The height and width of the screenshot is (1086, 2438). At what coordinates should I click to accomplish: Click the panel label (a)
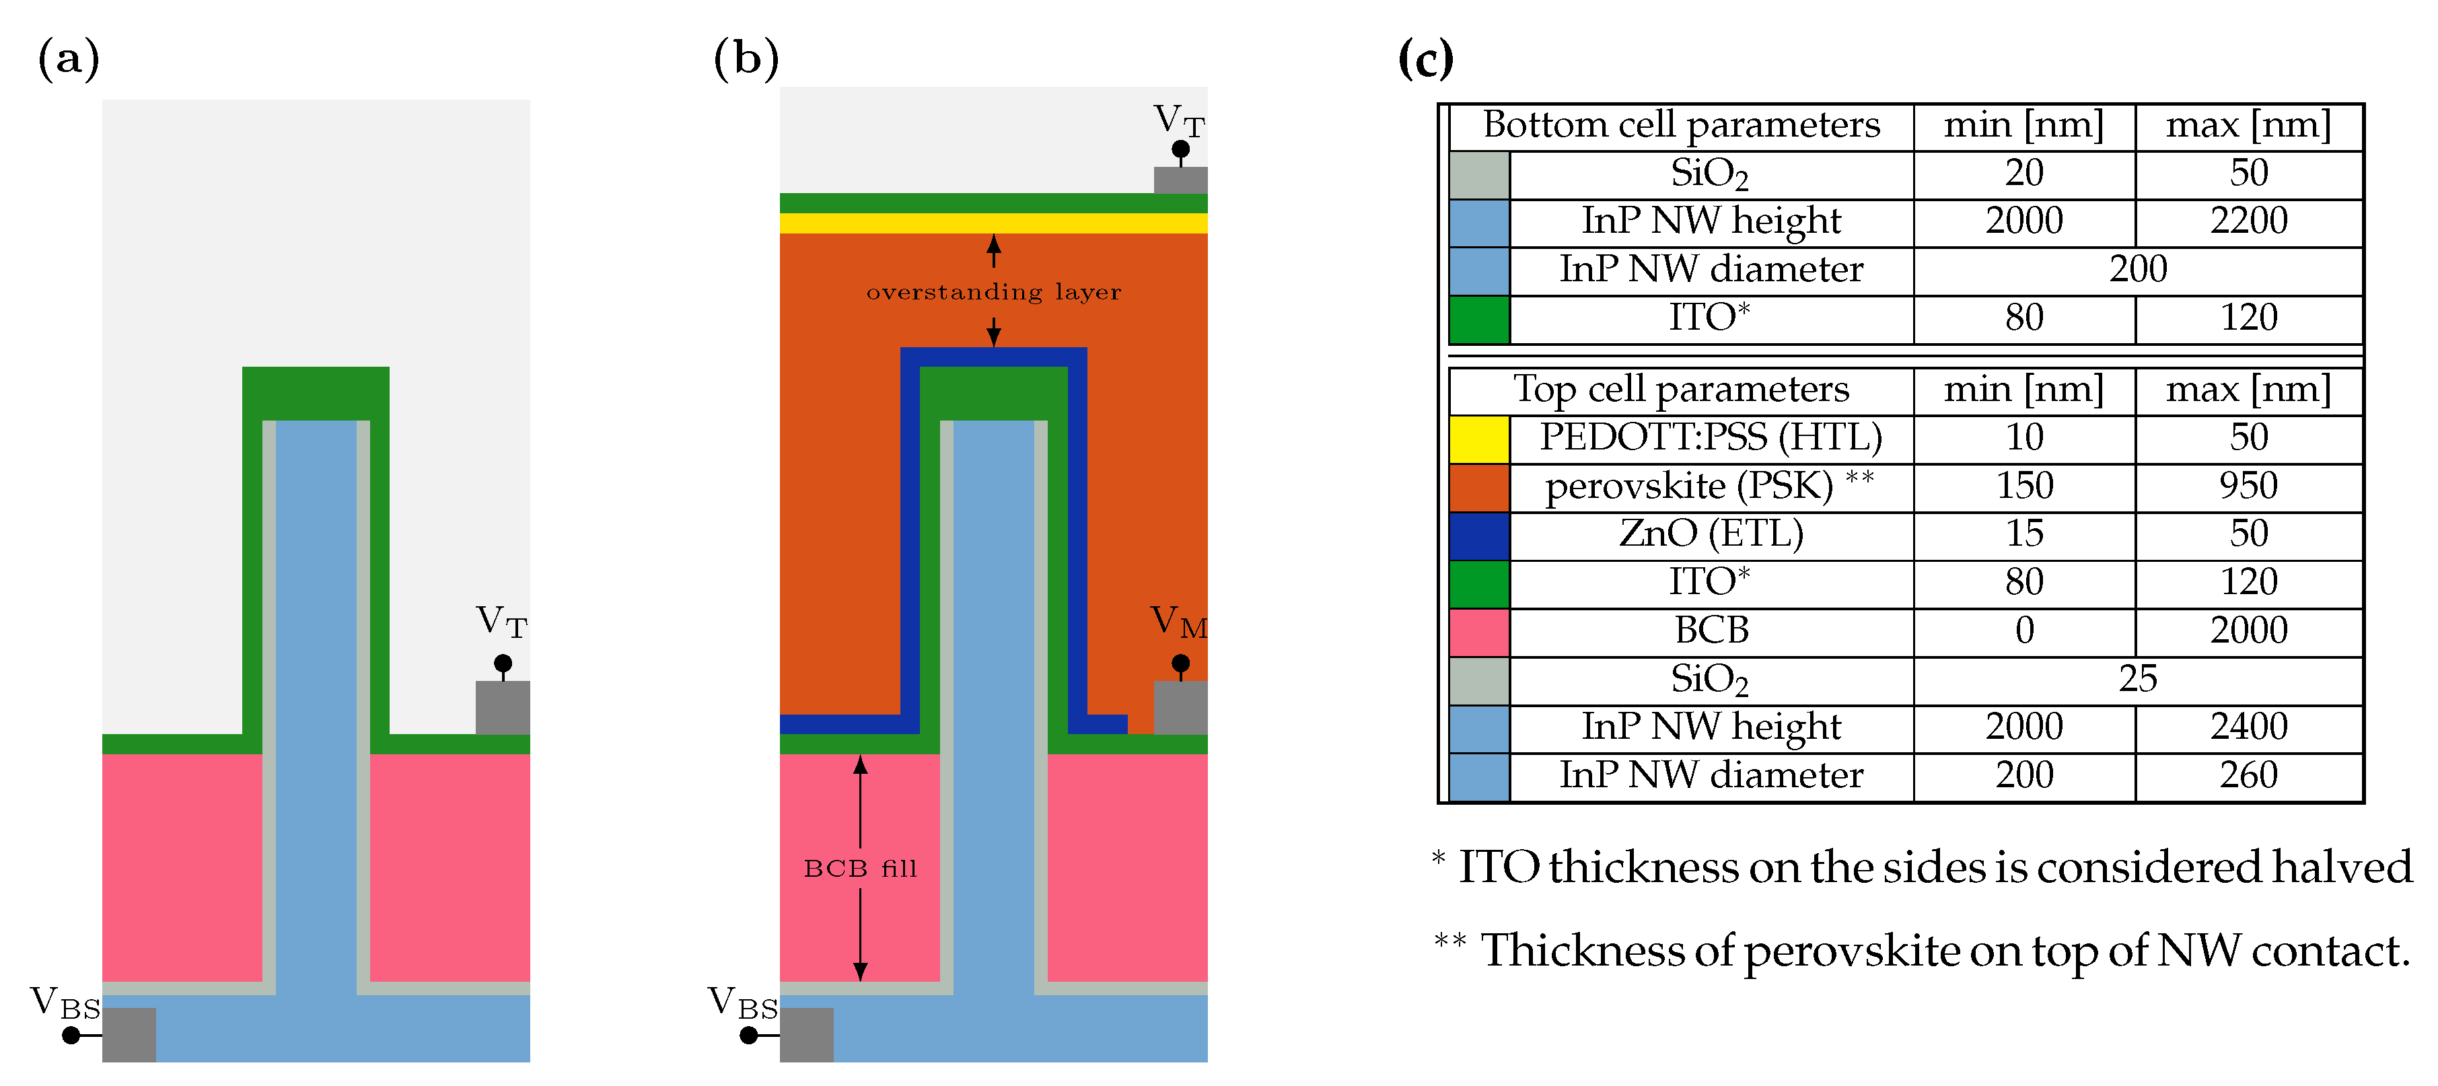[68, 59]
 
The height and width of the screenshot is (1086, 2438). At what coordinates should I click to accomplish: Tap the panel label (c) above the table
[1425, 59]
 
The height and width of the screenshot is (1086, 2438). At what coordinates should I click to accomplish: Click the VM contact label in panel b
[1178, 622]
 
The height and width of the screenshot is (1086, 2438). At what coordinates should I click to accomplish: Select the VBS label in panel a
[65, 1003]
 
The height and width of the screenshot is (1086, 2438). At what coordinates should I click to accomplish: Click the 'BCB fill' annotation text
[860, 869]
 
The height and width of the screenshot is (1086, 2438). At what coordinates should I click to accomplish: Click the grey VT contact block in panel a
[503, 708]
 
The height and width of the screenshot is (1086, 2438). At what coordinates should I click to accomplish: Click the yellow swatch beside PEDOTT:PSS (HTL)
[1478, 439]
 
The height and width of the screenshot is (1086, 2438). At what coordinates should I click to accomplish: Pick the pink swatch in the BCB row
[1478, 632]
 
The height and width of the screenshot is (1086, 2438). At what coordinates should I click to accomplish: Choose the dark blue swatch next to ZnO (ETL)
[1478, 536]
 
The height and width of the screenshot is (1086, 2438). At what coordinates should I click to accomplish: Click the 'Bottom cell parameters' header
[1681, 126]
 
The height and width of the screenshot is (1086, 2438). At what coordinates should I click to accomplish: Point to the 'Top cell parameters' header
[1681, 390]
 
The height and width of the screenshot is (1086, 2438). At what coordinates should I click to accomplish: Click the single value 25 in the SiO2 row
[2137, 679]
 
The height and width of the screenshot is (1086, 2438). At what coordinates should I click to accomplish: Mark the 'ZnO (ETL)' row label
[1711, 534]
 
